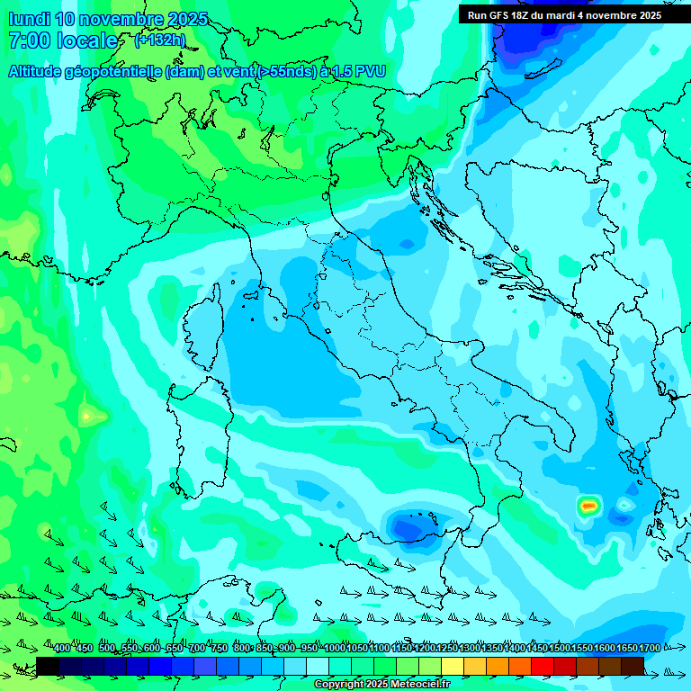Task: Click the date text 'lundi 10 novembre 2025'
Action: (x=108, y=19)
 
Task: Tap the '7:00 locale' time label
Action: (x=63, y=40)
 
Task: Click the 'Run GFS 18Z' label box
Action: (x=564, y=15)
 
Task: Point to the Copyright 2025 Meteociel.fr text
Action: (x=382, y=685)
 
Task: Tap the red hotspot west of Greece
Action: (x=588, y=506)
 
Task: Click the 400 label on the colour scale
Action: (x=62, y=649)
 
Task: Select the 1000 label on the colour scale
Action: (x=335, y=649)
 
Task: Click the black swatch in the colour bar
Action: (x=48, y=666)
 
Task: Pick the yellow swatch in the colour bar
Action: (x=453, y=666)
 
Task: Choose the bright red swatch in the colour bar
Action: (x=543, y=666)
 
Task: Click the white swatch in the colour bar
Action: (x=318, y=666)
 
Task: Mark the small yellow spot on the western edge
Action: (x=86, y=416)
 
